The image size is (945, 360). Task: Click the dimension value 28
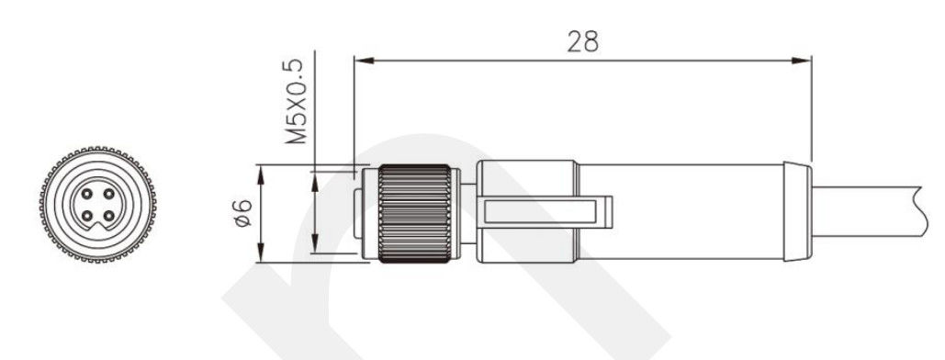pos(583,41)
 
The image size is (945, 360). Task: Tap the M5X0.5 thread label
pos(296,101)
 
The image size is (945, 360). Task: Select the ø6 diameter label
pos(242,213)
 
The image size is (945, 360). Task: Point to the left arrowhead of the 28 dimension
pos(365,61)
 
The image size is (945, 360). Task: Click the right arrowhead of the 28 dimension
pos(801,61)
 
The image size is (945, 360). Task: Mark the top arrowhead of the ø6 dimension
pos(261,174)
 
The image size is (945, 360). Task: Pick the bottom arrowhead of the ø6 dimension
pos(261,252)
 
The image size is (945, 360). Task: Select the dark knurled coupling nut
pos(415,213)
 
